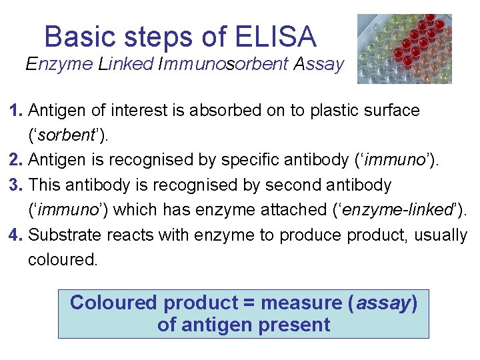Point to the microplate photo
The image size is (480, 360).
pos(404,49)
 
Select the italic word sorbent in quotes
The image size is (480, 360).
pos(66,135)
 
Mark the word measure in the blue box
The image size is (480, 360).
pos(301,303)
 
